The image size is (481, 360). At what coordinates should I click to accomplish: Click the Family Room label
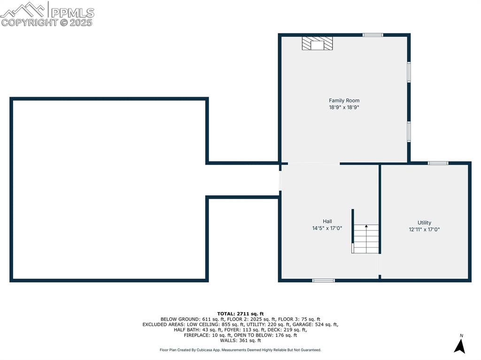344,100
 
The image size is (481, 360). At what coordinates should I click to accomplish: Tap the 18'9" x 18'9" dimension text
344,107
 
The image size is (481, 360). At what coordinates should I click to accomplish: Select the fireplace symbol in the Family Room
317,44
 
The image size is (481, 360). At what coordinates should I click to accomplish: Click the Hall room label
327,222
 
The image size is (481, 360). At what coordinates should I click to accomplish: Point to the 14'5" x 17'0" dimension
327,229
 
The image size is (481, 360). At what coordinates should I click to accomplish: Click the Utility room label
424,223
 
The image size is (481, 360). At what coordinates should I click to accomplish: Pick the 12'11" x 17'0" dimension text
424,230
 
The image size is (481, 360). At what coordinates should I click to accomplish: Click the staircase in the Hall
366,238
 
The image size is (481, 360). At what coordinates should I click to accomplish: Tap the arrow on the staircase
366,227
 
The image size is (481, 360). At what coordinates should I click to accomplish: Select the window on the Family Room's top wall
372,35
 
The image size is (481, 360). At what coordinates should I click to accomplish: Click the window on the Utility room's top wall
438,163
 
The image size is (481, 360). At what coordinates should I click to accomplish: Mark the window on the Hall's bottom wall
324,281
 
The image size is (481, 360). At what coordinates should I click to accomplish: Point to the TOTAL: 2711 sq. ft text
240,314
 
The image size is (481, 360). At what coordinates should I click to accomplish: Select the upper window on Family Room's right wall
409,72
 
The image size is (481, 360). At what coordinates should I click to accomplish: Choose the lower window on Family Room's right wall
409,131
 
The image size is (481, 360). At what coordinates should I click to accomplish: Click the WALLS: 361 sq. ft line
240,340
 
